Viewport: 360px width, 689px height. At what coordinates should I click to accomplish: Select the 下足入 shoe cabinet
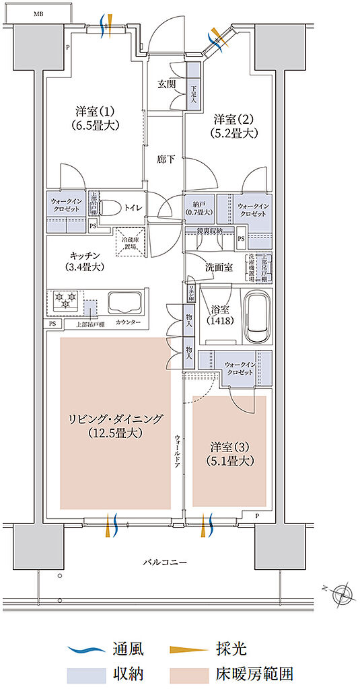point(193,85)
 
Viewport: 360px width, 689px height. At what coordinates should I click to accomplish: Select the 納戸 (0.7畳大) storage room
point(199,209)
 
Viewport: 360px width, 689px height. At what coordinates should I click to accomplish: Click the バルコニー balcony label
point(164,560)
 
